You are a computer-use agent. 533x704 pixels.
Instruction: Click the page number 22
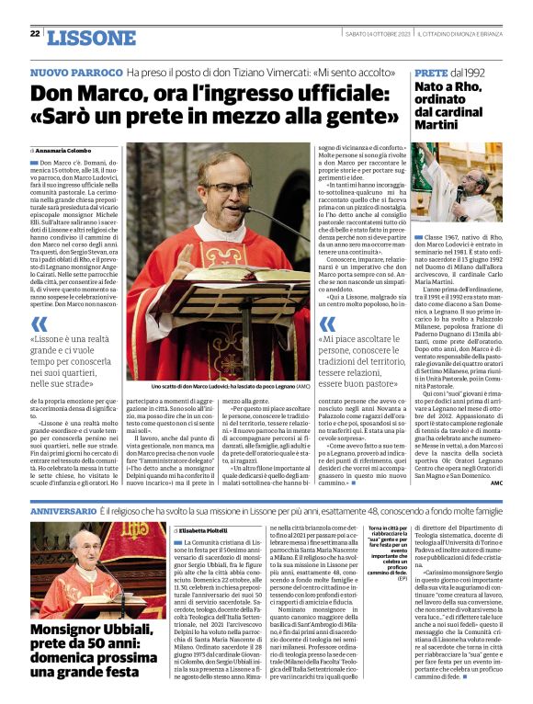pyautogui.click(x=35, y=34)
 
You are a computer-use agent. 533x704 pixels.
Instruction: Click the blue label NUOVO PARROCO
pyautogui.click(x=75, y=72)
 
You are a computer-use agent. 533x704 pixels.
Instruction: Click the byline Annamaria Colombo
pyautogui.click(x=68, y=150)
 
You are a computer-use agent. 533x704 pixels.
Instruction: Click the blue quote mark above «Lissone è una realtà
pyautogui.click(x=39, y=324)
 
